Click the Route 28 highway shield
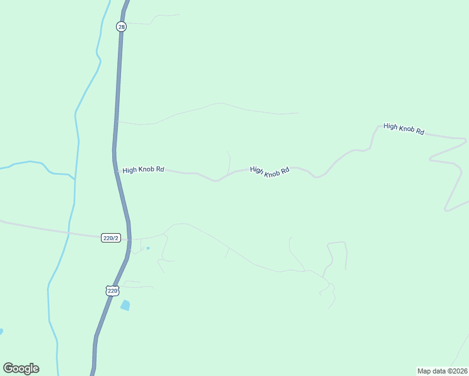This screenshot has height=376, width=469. click(121, 26)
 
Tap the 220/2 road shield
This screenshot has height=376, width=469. click(110, 238)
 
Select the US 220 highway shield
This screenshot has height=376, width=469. click(112, 291)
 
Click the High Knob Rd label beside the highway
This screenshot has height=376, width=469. click(143, 170)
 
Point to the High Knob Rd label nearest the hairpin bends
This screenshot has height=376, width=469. click(404, 129)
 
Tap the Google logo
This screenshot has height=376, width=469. click(21, 368)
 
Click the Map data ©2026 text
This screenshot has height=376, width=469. click(443, 371)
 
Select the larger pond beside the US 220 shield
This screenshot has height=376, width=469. click(125, 305)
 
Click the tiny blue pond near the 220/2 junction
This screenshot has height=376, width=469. click(148, 248)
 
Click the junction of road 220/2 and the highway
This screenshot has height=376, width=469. click(129, 239)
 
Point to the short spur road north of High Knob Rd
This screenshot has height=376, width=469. click(229, 162)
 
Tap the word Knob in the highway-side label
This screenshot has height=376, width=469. click(144, 170)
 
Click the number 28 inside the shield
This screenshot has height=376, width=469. click(121, 26)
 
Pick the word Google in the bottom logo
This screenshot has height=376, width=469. click(21, 368)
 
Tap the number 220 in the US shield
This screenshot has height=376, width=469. click(112, 291)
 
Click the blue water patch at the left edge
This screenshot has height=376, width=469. click(1, 332)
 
